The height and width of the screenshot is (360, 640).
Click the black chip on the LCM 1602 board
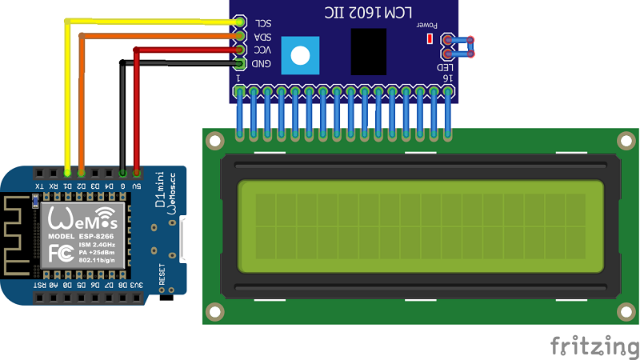[x=369, y=52]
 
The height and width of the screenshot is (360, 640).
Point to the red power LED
[x=430, y=38]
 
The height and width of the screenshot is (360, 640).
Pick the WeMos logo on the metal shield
[x=83, y=218]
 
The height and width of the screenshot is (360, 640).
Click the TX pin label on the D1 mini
[x=39, y=186]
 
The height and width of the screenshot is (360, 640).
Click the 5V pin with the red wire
[x=137, y=172]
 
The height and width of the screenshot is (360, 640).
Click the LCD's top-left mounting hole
[x=214, y=141]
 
